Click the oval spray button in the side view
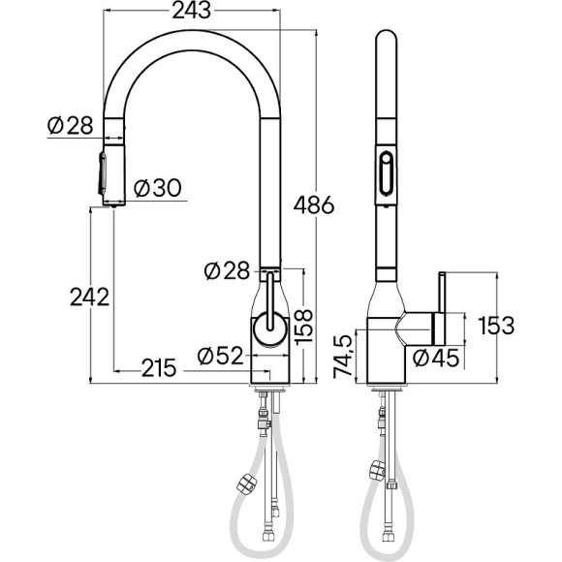coord(388,175)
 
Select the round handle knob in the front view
coord(267,330)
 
